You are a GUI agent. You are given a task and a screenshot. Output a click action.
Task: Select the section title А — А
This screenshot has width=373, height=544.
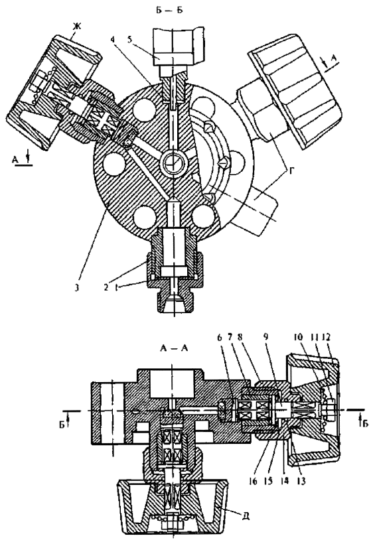(173, 349)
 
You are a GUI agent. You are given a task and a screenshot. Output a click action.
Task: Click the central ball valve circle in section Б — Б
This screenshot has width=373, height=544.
(173, 163)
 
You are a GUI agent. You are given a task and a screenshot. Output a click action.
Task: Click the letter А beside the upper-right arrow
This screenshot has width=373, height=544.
(335, 60)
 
